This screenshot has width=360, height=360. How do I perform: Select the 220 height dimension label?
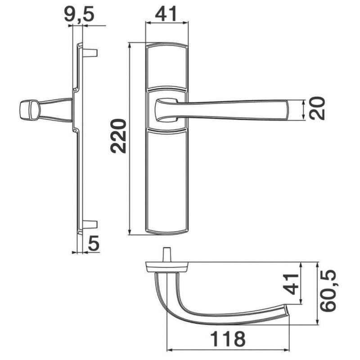118,136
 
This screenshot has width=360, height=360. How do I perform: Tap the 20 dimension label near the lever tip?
317,108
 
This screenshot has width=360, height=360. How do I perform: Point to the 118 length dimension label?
228,339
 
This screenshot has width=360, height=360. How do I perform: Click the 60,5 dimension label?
328,291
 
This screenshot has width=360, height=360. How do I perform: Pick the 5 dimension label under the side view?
94,243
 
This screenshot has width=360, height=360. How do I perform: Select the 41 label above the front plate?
166,13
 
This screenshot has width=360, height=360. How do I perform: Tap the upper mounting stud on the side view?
90,53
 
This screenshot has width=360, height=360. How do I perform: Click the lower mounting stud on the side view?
90,224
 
